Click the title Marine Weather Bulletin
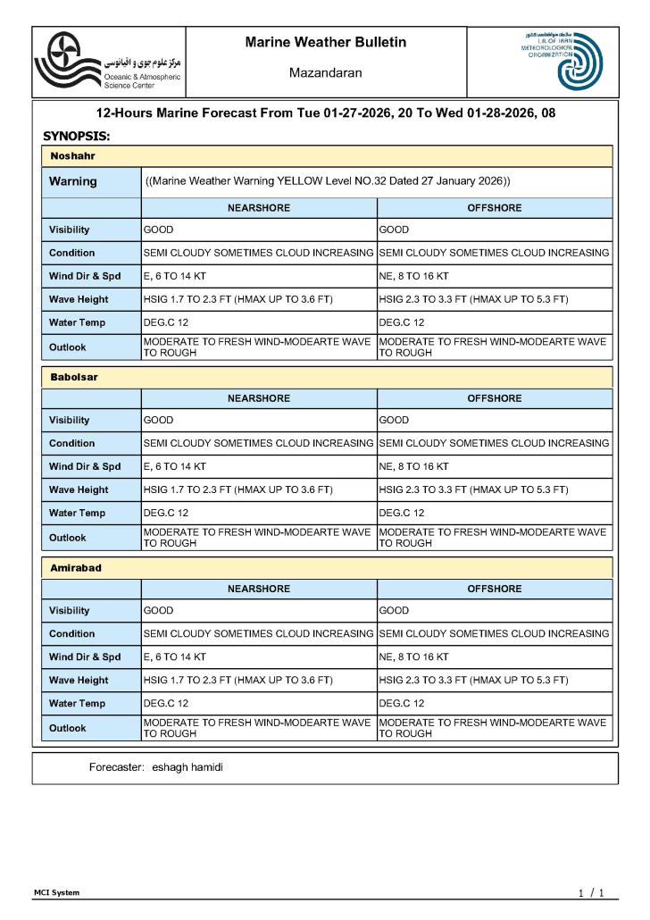click(x=325, y=42)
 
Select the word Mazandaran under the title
click(x=325, y=72)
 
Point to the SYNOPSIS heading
click(x=77, y=136)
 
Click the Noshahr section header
click(x=73, y=156)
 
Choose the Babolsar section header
click(x=74, y=377)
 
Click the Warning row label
click(x=73, y=181)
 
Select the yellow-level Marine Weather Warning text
click(x=327, y=181)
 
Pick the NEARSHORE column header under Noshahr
click(x=259, y=208)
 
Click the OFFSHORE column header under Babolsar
click(x=495, y=398)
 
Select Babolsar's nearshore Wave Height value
click(x=237, y=489)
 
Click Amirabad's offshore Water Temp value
click(x=402, y=703)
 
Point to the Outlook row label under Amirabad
click(x=68, y=728)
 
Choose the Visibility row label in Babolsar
click(x=70, y=420)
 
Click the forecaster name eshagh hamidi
click(x=187, y=767)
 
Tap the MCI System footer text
click(x=56, y=892)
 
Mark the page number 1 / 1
click(x=591, y=893)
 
